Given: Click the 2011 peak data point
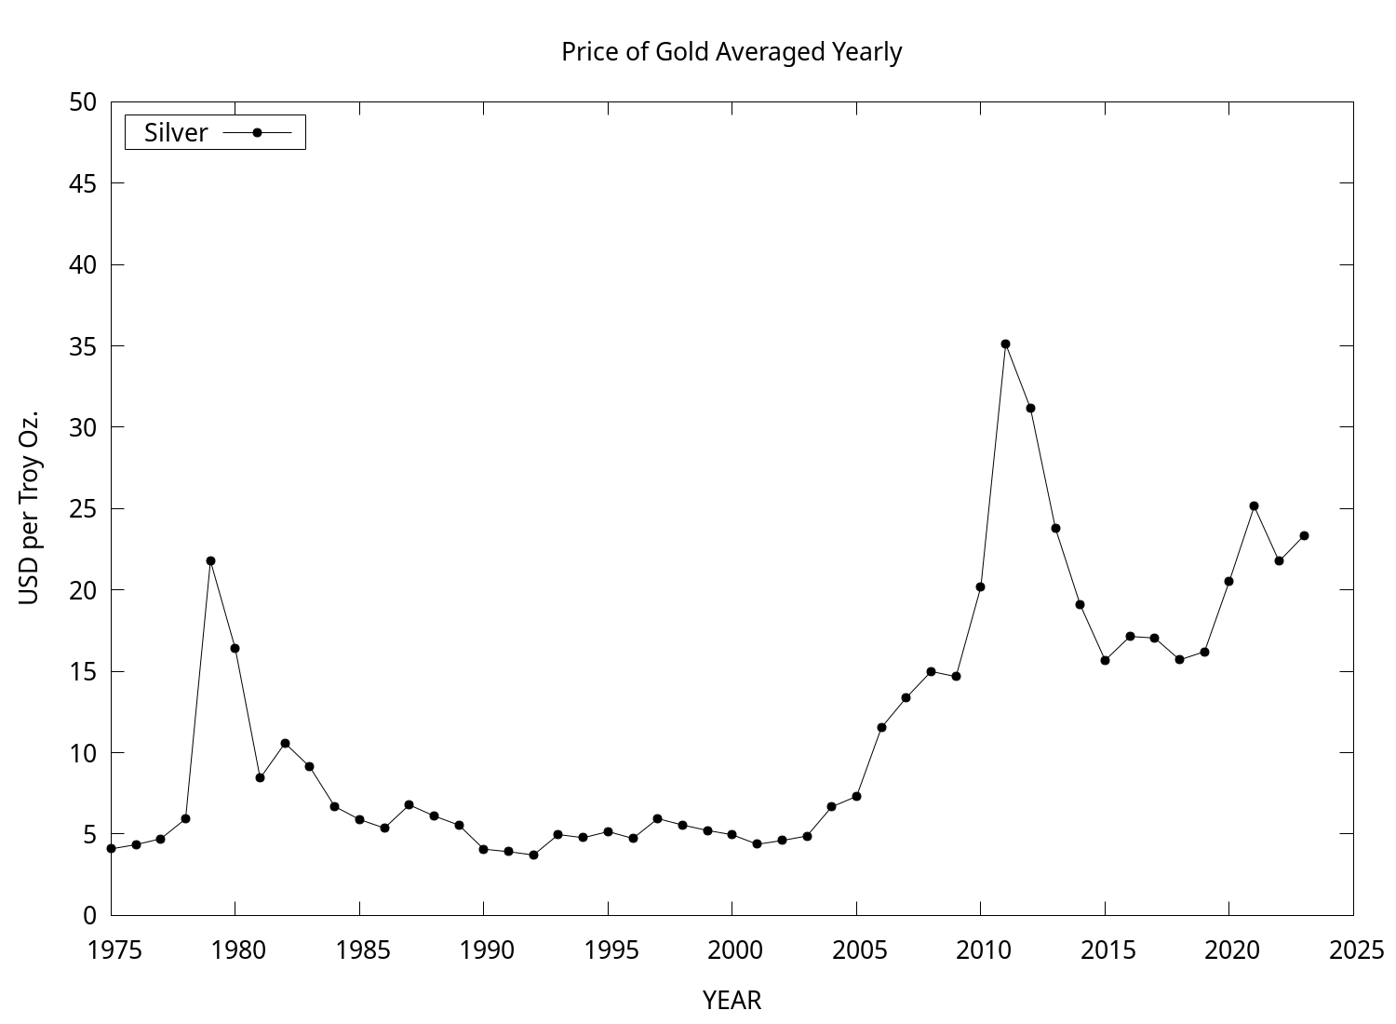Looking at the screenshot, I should (1005, 344).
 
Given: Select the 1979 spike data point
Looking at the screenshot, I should (210, 560).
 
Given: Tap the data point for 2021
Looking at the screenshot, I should (1254, 505).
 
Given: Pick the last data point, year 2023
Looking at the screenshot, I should (1304, 535).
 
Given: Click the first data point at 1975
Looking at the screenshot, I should (111, 848).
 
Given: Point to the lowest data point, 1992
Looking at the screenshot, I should (533, 855).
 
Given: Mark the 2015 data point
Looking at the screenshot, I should (1105, 660).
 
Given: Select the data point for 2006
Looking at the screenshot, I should (881, 727).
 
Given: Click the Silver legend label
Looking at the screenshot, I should (176, 133).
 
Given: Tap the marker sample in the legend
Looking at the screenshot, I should (258, 132).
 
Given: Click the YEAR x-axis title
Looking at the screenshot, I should (732, 1001).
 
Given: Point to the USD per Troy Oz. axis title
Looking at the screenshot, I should (30, 507).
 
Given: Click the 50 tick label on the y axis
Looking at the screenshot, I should (83, 102).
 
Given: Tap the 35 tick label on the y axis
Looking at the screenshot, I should (83, 346).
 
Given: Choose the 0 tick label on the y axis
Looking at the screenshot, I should (89, 915).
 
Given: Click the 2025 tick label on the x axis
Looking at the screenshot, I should (1353, 950).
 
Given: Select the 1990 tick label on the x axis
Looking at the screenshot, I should (484, 950).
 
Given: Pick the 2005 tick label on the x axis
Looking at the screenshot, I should (856, 950).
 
